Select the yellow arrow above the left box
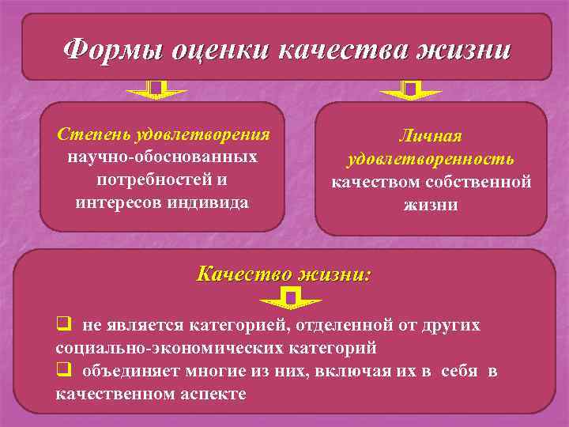pyautogui.click(x=156, y=90)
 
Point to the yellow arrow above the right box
pyautogui.click(x=410, y=90)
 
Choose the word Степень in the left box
pyautogui.click(x=94, y=134)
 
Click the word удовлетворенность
pyautogui.click(x=430, y=160)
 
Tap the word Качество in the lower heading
pyautogui.click(x=241, y=274)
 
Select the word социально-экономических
pyautogui.click(x=168, y=348)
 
